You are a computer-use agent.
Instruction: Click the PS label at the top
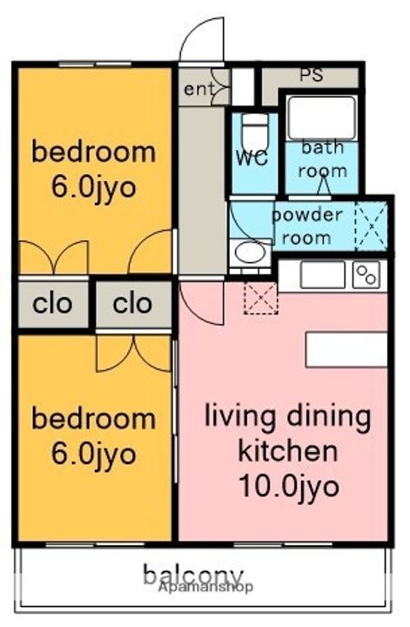(312, 75)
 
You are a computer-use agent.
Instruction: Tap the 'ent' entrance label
(198, 89)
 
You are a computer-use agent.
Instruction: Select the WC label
(252, 158)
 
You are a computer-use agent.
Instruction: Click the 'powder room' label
(307, 226)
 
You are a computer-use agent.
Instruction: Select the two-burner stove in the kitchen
(366, 275)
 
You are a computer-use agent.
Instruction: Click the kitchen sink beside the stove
(322, 274)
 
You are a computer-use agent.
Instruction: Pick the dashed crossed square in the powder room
(371, 226)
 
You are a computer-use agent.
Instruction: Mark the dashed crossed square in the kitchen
(260, 298)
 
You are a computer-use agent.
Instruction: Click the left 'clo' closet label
(52, 304)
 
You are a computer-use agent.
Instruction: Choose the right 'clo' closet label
(132, 304)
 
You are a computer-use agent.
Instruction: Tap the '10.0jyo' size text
(289, 487)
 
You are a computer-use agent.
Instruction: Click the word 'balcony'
(193, 575)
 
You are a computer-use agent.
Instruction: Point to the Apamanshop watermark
(205, 587)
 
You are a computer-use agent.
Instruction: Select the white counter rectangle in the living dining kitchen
(346, 349)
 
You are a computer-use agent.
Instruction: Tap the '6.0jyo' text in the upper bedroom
(94, 187)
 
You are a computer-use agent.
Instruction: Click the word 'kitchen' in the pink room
(288, 451)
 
